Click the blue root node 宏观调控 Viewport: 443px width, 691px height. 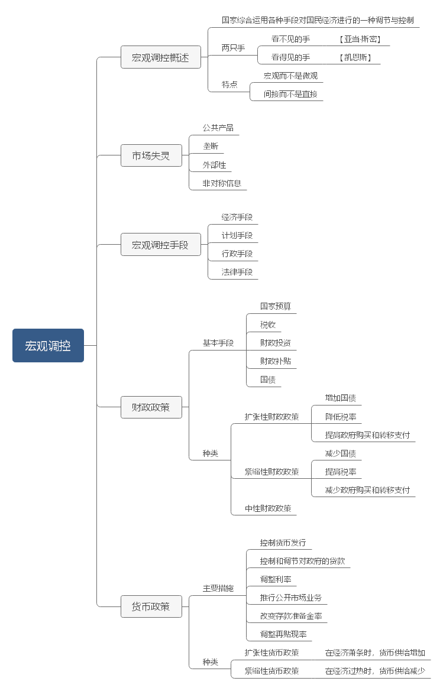(x=48, y=346)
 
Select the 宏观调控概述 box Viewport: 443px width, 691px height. (x=160, y=58)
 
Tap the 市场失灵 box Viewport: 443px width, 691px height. (x=151, y=156)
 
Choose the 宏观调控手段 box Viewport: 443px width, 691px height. (x=160, y=245)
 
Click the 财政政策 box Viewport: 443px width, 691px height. (x=151, y=407)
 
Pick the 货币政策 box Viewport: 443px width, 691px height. (x=151, y=606)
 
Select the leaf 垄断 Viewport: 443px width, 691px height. (x=211, y=147)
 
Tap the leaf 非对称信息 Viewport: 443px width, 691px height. (x=222, y=183)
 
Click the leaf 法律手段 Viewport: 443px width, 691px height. (x=237, y=272)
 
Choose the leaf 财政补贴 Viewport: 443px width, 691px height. (x=275, y=361)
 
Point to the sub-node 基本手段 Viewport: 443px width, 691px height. (x=218, y=343)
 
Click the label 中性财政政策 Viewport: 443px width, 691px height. (x=268, y=508)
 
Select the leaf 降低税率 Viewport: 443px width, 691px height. (x=341, y=417)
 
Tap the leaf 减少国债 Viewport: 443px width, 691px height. (x=340, y=453)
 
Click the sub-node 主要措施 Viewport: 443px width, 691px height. (x=218, y=588)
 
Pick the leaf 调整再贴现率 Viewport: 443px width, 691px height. (x=283, y=634)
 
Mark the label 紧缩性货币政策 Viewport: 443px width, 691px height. (x=272, y=671)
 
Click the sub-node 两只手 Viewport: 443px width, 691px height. (x=233, y=48)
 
